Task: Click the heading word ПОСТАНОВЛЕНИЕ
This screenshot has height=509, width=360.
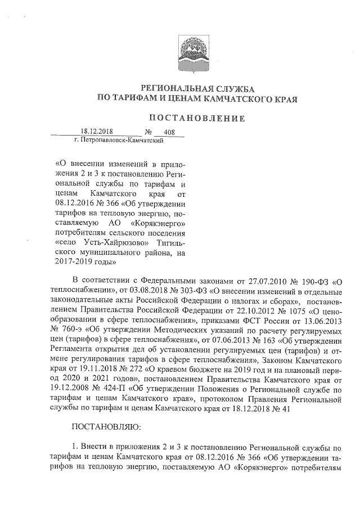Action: pos(196,119)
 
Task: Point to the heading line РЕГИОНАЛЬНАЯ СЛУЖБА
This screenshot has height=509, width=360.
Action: pos(197,88)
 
